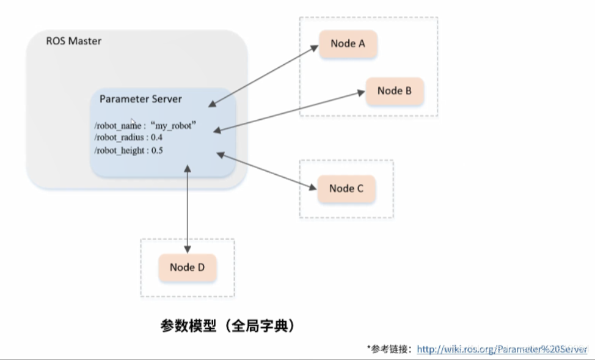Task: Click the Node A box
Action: pyautogui.click(x=348, y=43)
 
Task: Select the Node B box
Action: pyautogui.click(x=394, y=91)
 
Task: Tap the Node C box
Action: pyautogui.click(x=346, y=188)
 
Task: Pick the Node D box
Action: pyautogui.click(x=187, y=267)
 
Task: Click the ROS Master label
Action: pyautogui.click(x=74, y=42)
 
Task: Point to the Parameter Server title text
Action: pyautogui.click(x=141, y=99)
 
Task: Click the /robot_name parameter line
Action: pyautogui.click(x=144, y=125)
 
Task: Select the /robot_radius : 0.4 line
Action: pyautogui.click(x=128, y=138)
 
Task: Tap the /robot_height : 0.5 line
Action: pyautogui.click(x=128, y=150)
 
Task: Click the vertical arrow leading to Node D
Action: pyautogui.click(x=188, y=208)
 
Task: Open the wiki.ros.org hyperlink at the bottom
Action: pyautogui.click(x=502, y=349)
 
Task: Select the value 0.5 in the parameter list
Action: pyautogui.click(x=157, y=150)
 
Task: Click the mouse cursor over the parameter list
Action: pyautogui.click(x=133, y=122)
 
